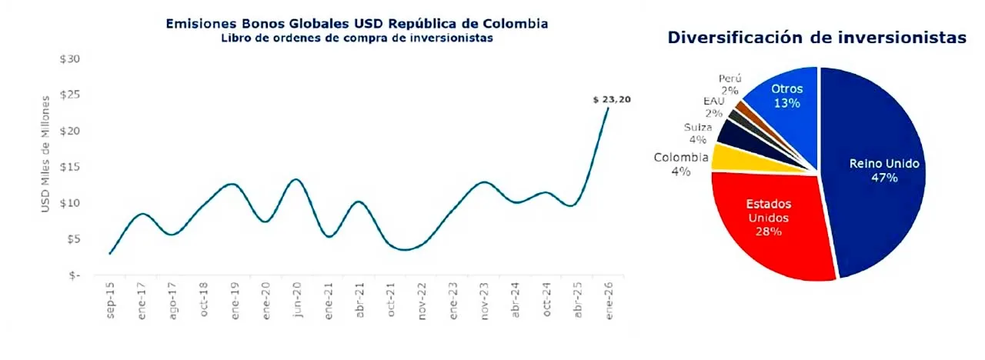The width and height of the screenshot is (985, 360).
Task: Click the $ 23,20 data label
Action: tap(612, 99)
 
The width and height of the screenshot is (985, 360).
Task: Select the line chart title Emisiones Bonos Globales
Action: tap(357, 24)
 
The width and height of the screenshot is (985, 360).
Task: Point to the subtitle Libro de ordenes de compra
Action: tap(357, 38)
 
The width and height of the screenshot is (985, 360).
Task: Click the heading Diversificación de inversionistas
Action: tap(816, 38)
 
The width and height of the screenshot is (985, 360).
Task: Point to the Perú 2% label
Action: tap(730, 84)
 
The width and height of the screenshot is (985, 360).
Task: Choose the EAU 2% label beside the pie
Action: tap(713, 107)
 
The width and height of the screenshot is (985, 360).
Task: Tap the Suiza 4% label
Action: tap(697, 133)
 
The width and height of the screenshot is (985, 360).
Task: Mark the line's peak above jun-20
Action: tap(296, 179)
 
